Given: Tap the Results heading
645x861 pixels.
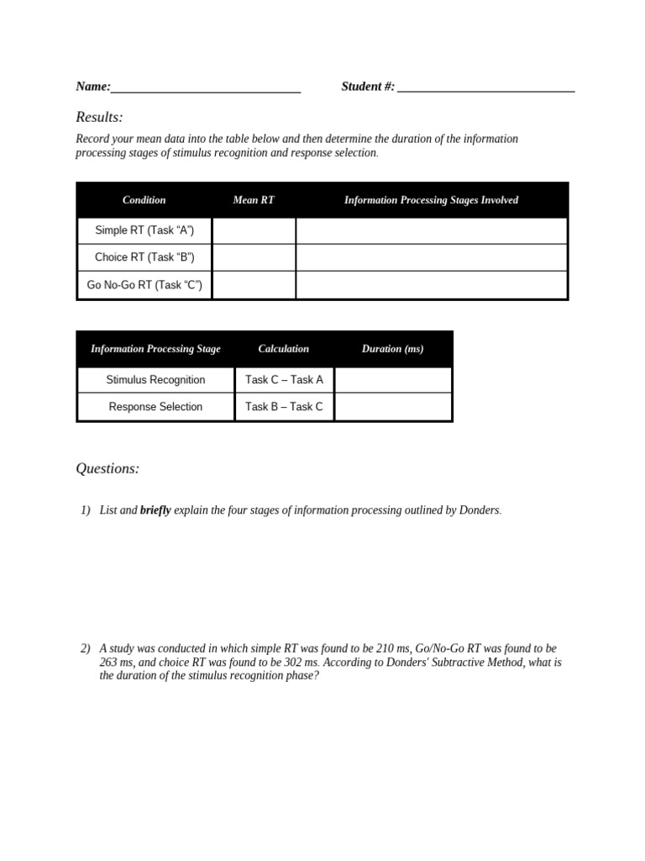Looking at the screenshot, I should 99,117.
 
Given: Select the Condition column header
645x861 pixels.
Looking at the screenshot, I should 144,200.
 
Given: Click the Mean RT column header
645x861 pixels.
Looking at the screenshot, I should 254,200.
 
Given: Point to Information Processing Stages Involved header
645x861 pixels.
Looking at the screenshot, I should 431,200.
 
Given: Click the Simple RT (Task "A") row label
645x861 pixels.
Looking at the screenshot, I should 144,230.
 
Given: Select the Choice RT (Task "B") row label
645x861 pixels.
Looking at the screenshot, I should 144,257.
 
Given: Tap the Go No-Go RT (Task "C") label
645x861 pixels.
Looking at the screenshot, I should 144,285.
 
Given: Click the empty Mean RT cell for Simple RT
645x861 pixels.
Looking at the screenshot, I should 254,230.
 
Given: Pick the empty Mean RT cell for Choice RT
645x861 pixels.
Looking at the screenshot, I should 254,257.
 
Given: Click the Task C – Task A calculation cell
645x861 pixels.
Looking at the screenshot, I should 284,379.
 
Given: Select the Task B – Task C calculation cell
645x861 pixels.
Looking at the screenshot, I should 284,407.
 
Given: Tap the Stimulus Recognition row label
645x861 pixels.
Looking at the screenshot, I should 155,379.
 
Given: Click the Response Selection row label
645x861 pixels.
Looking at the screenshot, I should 155,407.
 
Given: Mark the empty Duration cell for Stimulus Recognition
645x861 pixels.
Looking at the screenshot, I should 392,379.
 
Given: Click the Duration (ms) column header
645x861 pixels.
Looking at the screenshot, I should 392,349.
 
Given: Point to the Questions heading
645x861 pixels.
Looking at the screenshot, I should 107,468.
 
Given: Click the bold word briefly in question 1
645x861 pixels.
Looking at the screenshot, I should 155,510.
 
